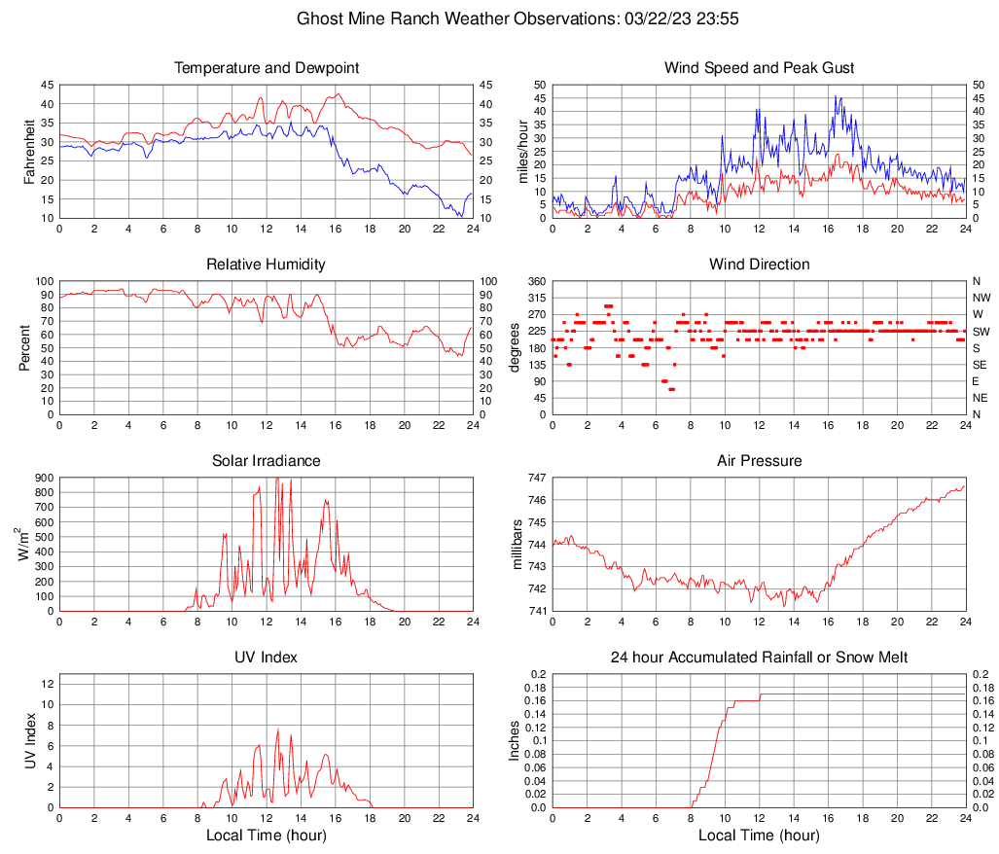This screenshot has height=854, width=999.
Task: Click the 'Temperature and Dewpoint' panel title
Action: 267,68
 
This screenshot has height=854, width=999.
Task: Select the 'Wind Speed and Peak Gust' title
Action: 759,68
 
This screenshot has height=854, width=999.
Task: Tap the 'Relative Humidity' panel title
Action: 267,265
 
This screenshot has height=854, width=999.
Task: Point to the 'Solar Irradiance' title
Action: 267,461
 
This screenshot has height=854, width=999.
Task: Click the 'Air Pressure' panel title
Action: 759,461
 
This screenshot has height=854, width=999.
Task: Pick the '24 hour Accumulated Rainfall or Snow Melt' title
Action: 759,658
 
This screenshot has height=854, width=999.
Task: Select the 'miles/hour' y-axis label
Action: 522,152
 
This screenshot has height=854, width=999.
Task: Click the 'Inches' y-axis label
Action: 517,741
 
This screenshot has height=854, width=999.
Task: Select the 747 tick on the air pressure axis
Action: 538,479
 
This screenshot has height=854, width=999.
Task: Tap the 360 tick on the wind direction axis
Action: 536,282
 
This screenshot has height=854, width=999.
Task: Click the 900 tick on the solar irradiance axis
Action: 44,479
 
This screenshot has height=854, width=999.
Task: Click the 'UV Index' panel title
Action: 267,658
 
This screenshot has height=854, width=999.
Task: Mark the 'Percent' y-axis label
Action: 24,348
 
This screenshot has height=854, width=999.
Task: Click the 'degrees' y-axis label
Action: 517,348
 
